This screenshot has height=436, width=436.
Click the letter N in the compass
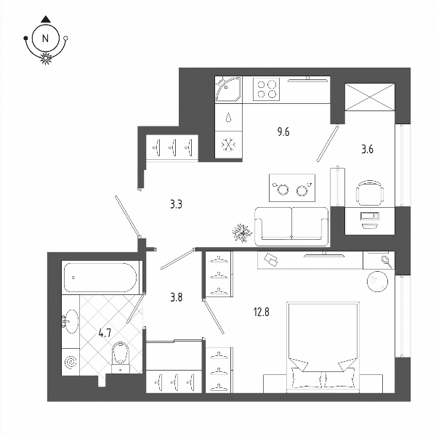tap(45, 38)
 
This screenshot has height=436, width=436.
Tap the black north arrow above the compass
tap(46, 19)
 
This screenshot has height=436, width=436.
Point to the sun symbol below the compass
tap(46, 58)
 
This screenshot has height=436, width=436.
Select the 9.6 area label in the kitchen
tap(283, 132)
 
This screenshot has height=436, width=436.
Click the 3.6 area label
tap(367, 150)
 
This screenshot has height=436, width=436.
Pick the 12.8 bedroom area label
tap(262, 312)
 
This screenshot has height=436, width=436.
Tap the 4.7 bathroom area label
tap(105, 333)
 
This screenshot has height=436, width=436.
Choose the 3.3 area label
tap(176, 205)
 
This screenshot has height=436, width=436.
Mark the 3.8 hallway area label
tap(177, 297)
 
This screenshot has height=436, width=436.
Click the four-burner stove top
tap(266, 89)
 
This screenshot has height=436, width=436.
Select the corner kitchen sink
tap(229, 90)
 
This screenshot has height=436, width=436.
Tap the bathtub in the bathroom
tap(100, 278)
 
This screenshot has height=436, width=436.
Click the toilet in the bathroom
tap(121, 358)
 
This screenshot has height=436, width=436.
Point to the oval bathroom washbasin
tap(70, 321)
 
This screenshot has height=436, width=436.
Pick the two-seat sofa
tap(291, 226)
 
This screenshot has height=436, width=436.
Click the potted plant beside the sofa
tap(242, 233)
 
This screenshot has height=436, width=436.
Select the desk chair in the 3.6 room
tap(370, 193)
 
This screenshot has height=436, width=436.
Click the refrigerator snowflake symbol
tap(229, 145)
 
